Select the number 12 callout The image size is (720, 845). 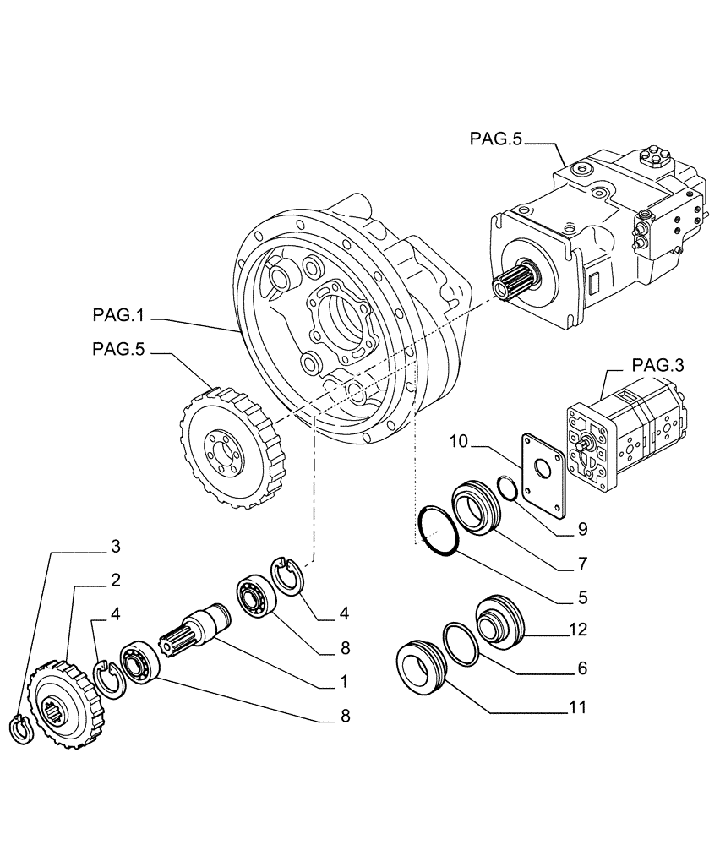pyautogui.click(x=578, y=630)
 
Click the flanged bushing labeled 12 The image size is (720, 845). pyautogui.click(x=500, y=624)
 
